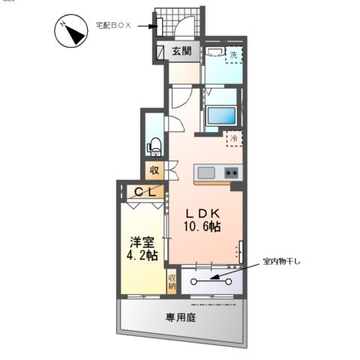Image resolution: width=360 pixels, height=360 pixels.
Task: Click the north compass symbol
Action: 70,32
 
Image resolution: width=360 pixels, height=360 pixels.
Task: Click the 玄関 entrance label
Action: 181,52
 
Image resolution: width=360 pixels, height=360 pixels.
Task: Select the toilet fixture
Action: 156,143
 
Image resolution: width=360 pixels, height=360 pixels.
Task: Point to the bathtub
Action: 220,116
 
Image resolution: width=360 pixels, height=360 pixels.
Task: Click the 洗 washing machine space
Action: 233,55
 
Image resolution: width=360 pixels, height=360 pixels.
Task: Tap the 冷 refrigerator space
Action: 233,139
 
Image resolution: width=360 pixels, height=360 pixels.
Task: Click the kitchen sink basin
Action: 205,174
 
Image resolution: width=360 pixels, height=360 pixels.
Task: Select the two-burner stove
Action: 230,173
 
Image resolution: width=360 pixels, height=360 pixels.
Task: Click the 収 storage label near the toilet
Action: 154,170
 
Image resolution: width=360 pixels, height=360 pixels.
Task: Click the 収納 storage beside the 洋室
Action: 172,282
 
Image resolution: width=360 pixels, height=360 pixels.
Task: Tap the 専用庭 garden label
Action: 180,317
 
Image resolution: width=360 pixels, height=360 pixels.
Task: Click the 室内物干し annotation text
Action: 282,262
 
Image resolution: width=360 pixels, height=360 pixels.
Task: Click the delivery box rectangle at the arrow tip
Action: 161,26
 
